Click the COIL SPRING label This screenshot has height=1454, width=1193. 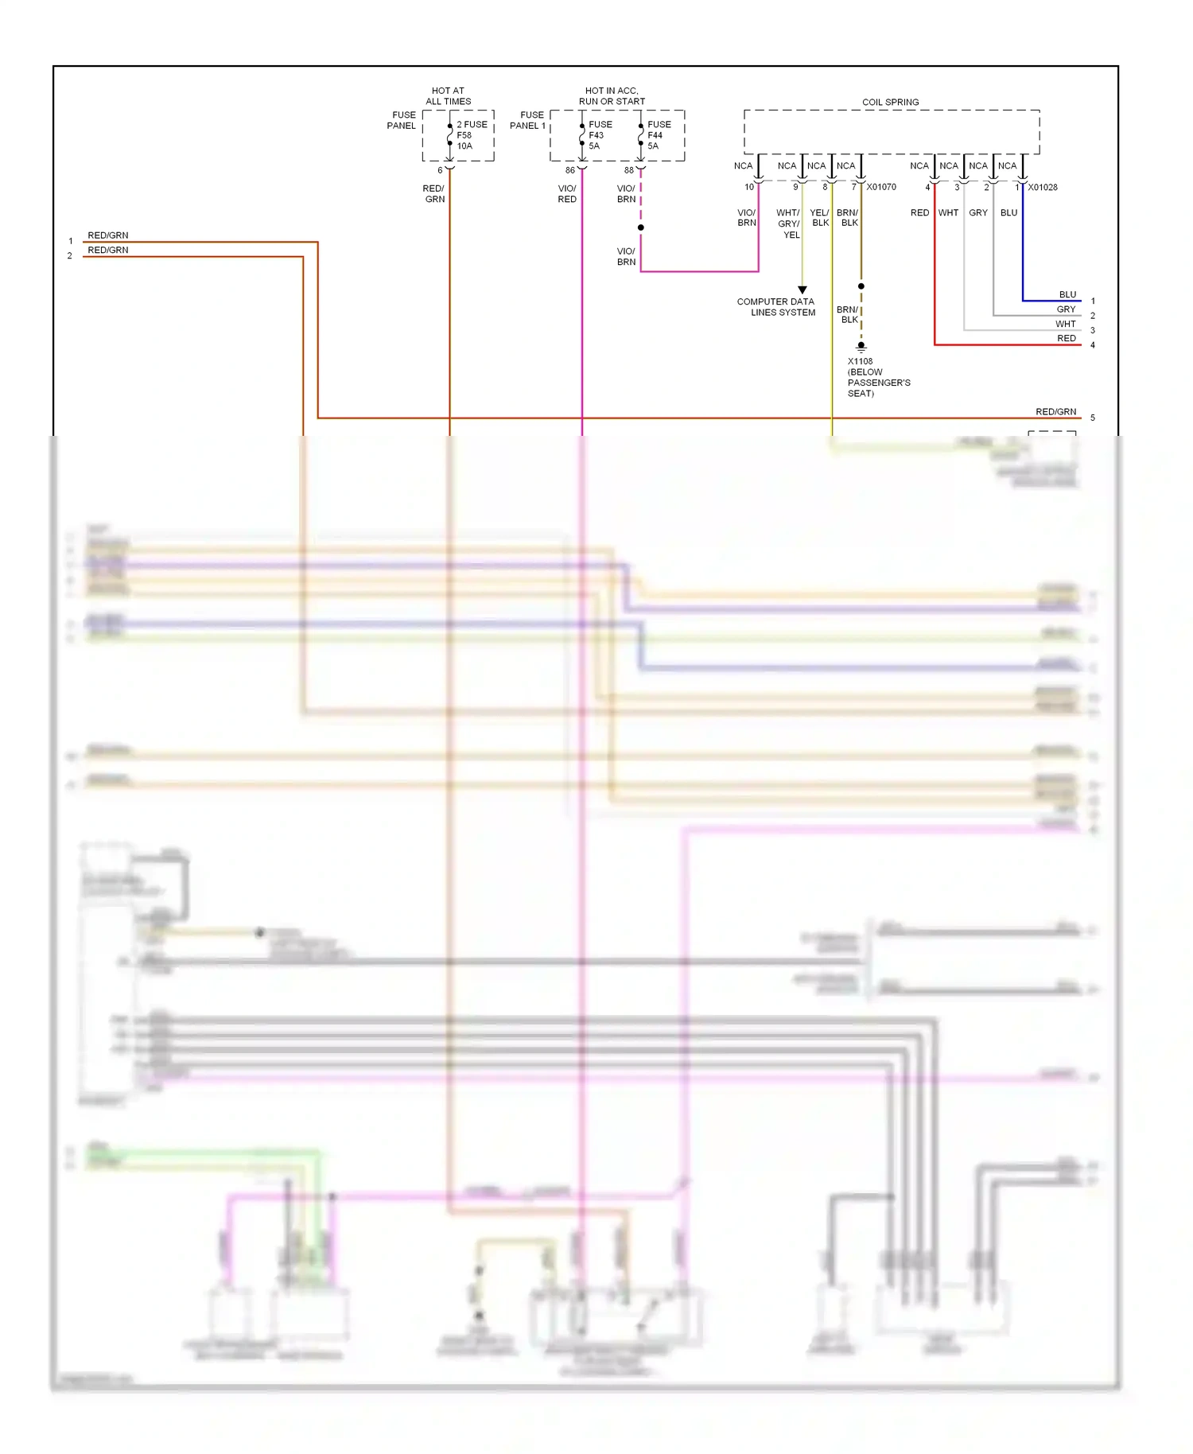[890, 102]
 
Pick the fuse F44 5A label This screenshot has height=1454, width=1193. [659, 135]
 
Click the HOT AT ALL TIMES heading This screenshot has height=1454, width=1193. [448, 96]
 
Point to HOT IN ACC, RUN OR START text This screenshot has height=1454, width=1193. [612, 96]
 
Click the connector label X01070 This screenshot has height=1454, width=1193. [881, 187]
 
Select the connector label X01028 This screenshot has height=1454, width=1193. [1043, 187]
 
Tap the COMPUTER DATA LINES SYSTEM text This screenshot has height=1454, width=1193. [776, 307]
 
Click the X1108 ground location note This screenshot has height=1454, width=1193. [878, 377]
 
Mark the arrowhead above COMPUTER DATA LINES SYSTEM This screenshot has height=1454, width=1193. [802, 290]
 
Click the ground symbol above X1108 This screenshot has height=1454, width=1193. [861, 347]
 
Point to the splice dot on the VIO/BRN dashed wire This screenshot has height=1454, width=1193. [641, 227]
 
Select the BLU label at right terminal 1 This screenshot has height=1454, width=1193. [1067, 294]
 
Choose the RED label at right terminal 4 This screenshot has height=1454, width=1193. [1067, 338]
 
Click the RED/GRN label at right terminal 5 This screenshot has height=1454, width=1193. [1055, 411]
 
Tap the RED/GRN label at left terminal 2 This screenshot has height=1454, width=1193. [107, 250]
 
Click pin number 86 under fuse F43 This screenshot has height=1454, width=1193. [569, 170]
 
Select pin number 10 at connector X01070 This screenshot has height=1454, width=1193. [748, 187]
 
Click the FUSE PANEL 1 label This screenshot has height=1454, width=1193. [527, 120]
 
